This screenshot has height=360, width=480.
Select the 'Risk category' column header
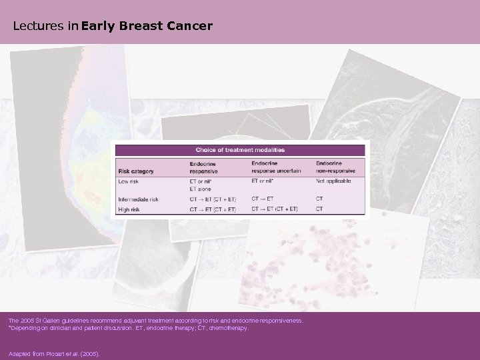pos(136,171)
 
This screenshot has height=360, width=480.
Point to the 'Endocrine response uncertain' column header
pos(275,167)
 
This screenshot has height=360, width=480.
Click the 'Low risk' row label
pos(129,181)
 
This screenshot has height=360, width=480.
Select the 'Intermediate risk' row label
pos(139,199)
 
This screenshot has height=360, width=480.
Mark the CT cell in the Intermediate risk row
pos(319,199)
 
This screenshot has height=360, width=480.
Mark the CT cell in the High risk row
pos(319,209)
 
